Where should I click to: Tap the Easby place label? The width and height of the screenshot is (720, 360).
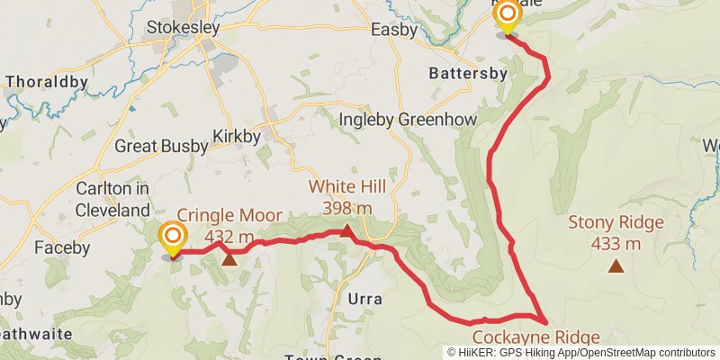click(394, 30)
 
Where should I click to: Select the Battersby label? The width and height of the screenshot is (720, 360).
click(464, 72)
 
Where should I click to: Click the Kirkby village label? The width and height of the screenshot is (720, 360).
click(236, 137)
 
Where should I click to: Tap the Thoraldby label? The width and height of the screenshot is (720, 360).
click(47, 82)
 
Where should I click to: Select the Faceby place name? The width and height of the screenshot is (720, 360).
click(62, 247)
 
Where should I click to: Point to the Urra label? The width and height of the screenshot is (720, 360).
click(364, 299)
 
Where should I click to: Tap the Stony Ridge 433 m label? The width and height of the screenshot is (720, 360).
click(616, 232)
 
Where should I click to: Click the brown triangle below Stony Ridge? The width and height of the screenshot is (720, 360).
click(616, 265)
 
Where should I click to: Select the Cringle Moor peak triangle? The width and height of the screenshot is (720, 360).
click(229, 260)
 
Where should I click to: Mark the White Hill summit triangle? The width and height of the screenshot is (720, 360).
click(346, 231)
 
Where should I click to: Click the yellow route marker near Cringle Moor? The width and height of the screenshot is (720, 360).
click(172, 239)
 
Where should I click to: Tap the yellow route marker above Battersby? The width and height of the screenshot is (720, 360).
click(508, 15)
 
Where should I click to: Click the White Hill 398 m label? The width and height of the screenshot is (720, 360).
click(347, 197)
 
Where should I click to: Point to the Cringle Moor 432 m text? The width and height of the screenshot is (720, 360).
click(229, 226)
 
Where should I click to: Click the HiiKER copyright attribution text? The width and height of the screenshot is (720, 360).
click(581, 352)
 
